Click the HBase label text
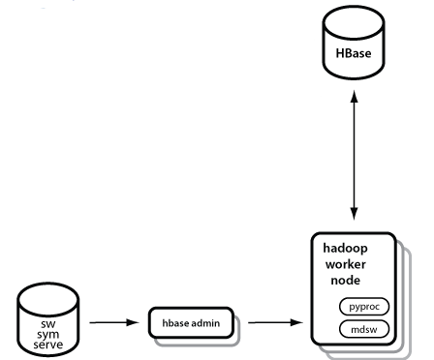click(x=354, y=53)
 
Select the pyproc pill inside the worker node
click(x=364, y=307)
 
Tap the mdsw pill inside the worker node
click(x=364, y=329)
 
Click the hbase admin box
click(x=191, y=323)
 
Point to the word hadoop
click(x=345, y=249)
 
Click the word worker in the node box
click(x=346, y=264)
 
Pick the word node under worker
click(x=345, y=280)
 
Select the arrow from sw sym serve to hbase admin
click(x=114, y=322)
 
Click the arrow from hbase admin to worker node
click(x=275, y=322)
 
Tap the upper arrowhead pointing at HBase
click(x=355, y=96)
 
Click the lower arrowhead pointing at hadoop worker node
click(x=355, y=214)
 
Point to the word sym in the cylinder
click(x=48, y=334)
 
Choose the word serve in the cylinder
click(x=48, y=345)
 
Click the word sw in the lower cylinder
click(x=48, y=323)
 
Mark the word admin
click(x=205, y=323)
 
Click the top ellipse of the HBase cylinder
click(x=354, y=23)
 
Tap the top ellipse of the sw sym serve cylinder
click(x=48, y=300)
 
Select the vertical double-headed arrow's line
click(x=355, y=155)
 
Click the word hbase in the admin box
click(x=175, y=323)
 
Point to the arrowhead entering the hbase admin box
click(x=133, y=322)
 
